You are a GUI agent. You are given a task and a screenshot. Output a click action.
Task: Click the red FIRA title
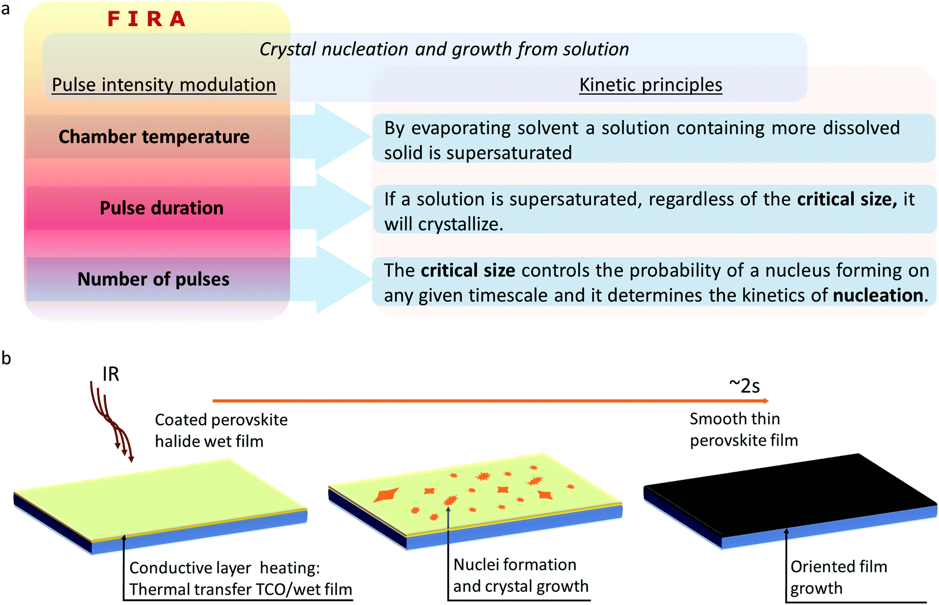point(146,19)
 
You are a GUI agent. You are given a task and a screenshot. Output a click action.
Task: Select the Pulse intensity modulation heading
point(164,85)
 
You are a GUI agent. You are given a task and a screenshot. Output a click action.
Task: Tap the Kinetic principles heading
point(650,85)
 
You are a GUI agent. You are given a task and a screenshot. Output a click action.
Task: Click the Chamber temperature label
point(154,137)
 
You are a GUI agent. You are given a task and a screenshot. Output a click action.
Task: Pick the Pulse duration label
point(162,208)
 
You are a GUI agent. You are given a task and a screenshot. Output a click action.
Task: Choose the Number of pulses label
point(154,279)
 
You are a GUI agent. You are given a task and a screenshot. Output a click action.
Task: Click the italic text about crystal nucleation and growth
point(444,50)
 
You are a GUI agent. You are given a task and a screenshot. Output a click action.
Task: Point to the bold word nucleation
point(878,295)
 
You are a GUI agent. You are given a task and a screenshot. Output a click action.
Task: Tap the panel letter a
point(6,10)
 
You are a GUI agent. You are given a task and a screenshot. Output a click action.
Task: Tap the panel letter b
point(6,358)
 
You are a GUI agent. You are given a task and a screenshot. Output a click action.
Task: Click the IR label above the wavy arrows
point(110,374)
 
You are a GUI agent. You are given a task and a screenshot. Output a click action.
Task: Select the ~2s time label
point(744,386)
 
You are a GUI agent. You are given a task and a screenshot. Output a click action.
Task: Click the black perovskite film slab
point(791,495)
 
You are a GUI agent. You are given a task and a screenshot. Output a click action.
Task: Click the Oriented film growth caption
point(838,577)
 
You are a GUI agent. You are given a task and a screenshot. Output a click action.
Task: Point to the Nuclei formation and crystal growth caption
point(520,575)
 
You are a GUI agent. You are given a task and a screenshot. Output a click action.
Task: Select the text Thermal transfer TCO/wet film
point(240,590)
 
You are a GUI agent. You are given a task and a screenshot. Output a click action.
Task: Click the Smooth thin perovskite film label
point(743,430)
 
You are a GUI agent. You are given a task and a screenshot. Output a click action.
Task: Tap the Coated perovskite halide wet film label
point(221,430)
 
